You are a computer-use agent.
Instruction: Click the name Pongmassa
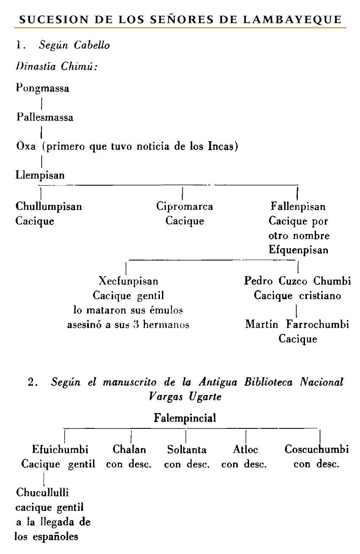pos(43,88)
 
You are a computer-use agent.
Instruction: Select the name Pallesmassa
pos(45,117)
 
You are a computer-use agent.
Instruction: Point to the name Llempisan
pos(40,175)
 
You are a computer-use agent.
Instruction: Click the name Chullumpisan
pos(49,206)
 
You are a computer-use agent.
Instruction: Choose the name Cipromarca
pos(184,206)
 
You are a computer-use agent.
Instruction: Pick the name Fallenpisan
pos(298,206)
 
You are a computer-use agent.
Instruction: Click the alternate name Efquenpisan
pos(298,250)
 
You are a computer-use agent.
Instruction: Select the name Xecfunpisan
pos(128,281)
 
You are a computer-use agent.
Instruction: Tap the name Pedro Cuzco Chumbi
pos(298,281)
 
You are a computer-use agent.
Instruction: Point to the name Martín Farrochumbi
pos(297,324)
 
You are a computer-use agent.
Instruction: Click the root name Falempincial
pos(185,418)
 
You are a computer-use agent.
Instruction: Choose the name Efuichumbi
pos(60,449)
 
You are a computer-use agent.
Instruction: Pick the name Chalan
pos(129,449)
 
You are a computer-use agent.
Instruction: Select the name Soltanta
pos(187,449)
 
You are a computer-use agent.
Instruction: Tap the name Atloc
pos(245,449)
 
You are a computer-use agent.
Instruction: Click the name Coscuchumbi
pos(316,449)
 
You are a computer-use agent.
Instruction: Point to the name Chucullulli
pos(42,492)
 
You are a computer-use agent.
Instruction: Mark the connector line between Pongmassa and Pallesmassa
pos(41,103)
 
